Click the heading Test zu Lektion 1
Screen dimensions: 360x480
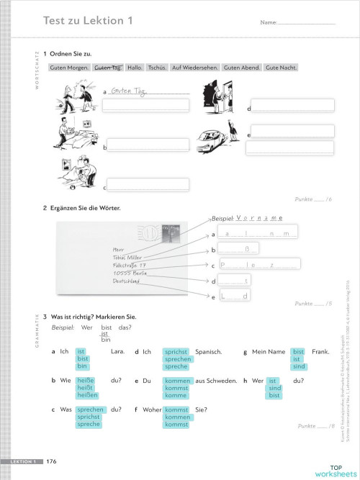(x=89, y=21)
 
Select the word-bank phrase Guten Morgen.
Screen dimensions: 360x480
(x=68, y=68)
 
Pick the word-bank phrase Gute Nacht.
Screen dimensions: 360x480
(x=281, y=68)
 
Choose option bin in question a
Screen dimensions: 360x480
(x=82, y=366)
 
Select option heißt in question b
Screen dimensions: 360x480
(x=86, y=387)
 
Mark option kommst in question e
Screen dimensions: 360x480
(x=176, y=387)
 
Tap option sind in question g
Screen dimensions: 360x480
(x=299, y=366)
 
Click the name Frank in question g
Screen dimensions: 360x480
(x=320, y=352)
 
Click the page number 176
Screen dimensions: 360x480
(x=52, y=461)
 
